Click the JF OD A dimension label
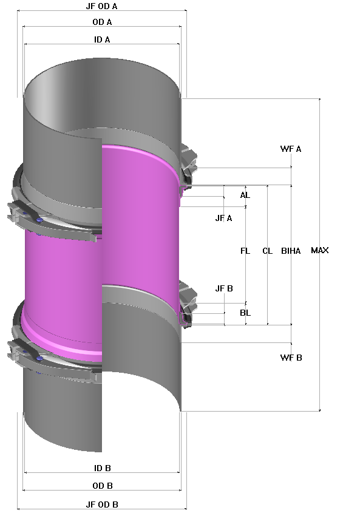101,5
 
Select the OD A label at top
101,22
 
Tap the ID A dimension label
101,39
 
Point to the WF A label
291,149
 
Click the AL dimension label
245,195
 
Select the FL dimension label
245,251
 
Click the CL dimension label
267,251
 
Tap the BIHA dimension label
291,251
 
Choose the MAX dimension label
319,250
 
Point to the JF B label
224,288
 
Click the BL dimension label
245,313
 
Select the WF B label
291,358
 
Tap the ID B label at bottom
101,468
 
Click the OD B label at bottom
101,486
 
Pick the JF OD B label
101,505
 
